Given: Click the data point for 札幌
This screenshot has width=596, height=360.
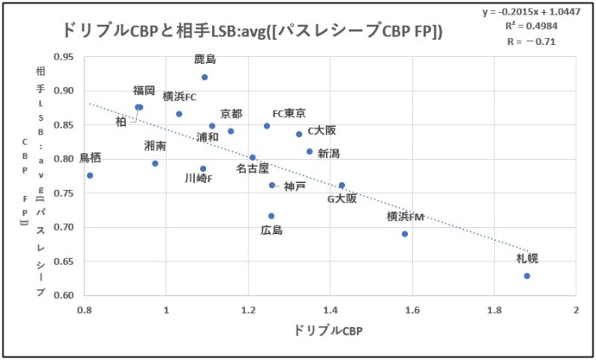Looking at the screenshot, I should coord(527,276).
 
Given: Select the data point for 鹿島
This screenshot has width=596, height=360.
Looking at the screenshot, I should coord(204,77).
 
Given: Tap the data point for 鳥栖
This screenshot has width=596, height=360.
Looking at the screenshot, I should coord(89,175).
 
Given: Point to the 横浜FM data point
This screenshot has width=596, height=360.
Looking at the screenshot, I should coord(404,233).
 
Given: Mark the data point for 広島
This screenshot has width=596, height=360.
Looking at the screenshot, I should coord(272,215).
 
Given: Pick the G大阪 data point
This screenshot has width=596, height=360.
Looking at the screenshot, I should coord(341,185).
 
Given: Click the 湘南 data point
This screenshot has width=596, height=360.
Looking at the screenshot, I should coord(155,163).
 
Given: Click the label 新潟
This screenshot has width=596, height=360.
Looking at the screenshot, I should coord(329,153).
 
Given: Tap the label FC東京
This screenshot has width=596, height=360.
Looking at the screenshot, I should coord(289,113).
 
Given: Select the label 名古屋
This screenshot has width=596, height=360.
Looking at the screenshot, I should coord(252,169).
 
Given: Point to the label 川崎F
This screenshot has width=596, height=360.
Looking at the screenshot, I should coord(198,179).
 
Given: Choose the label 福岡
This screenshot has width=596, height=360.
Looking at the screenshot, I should coord(144,90).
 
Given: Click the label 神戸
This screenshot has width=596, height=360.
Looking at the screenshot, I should coord(295,186).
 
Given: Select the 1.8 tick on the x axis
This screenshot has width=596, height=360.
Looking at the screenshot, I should coord(494,308).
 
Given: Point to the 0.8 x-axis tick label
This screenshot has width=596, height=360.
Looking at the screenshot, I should coord(83,308).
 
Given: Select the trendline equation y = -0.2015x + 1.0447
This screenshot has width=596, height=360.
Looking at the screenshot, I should coord(536,11).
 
